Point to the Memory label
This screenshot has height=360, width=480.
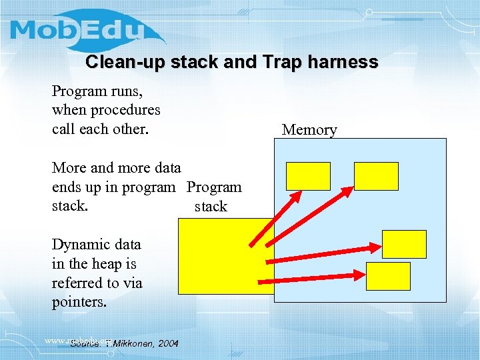(x=309, y=130)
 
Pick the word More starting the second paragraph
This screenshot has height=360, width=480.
(x=69, y=167)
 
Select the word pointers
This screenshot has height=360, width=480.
(x=77, y=302)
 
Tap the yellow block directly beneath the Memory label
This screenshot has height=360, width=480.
(x=308, y=176)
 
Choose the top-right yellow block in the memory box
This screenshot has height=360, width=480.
(x=376, y=176)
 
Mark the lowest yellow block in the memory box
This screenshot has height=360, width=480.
(x=388, y=276)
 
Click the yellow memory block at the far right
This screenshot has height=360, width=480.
(x=404, y=244)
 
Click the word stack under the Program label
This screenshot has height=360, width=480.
(x=211, y=207)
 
